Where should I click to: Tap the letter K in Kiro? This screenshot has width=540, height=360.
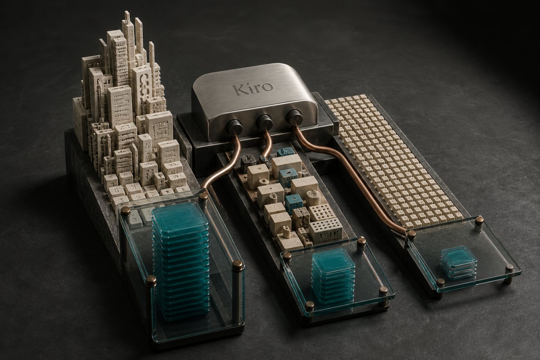click(239, 90)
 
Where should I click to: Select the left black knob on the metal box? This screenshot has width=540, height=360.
click(234, 127)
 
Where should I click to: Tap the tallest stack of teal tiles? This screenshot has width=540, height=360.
click(181, 262)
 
